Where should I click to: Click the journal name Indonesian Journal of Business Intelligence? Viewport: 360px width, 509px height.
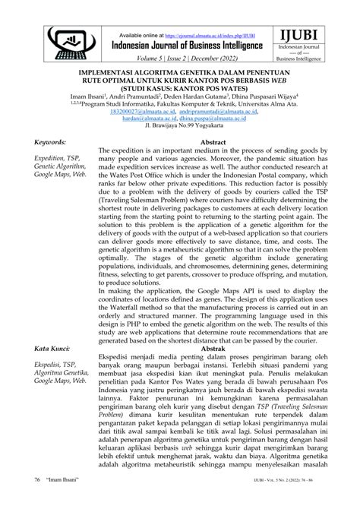pyautogui.click(x=187, y=46)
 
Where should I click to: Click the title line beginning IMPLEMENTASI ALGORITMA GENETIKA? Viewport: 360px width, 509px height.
pyautogui.click(x=179, y=76)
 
